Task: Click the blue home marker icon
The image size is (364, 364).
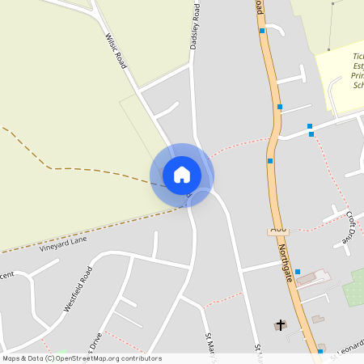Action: pyautogui.click(x=182, y=174)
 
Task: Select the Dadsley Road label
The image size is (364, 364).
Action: pyautogui.click(x=194, y=26)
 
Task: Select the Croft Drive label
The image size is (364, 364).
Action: pyautogui.click(x=350, y=227)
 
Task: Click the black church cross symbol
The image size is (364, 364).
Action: pyautogui.click(x=281, y=324)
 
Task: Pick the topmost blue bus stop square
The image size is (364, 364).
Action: pyautogui.click(x=262, y=31)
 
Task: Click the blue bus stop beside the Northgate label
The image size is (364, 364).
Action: pyautogui.click(x=298, y=272)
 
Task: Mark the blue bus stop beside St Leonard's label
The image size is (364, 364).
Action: pyautogui.click(x=321, y=351)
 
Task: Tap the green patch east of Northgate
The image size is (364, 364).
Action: pyautogui.click(x=354, y=288)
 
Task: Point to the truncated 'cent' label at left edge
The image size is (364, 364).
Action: pyautogui.click(x=6, y=274)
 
